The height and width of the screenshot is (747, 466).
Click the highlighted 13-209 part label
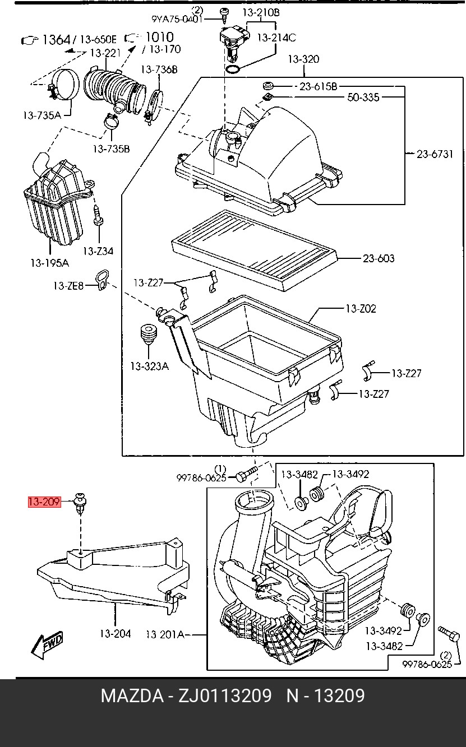(x=44, y=502)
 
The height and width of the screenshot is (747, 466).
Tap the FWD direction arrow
(x=47, y=645)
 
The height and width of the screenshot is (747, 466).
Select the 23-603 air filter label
(x=379, y=258)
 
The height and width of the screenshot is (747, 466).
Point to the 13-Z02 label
(x=361, y=308)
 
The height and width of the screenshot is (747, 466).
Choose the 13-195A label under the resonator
(x=50, y=262)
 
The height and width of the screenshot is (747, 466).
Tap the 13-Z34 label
(x=98, y=250)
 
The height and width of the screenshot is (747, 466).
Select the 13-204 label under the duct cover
(x=115, y=634)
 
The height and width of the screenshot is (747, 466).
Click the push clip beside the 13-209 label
(x=81, y=500)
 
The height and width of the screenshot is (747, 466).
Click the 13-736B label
(x=159, y=69)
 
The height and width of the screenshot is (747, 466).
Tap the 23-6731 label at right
(x=435, y=154)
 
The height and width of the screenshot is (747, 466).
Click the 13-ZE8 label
(x=68, y=286)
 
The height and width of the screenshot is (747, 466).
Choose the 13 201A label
(x=165, y=634)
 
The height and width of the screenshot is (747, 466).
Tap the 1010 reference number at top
(x=159, y=37)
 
